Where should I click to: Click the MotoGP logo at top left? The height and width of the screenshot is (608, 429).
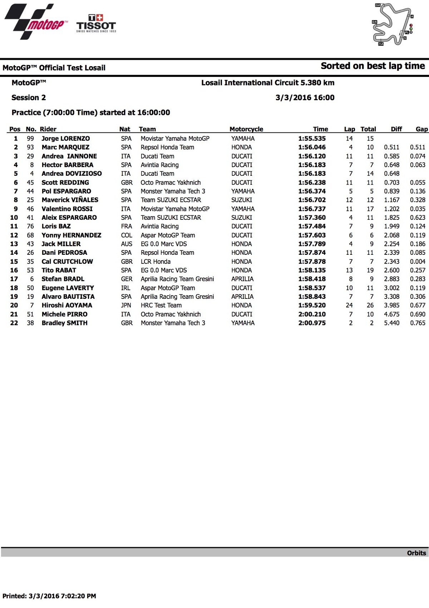pos(35,21)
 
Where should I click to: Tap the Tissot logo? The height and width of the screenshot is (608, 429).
pos(96,24)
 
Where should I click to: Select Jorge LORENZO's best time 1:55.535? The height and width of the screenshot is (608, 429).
pos(312,138)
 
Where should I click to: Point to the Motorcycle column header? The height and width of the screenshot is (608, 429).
pos(246,129)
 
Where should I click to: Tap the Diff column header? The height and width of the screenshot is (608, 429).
pos(396,129)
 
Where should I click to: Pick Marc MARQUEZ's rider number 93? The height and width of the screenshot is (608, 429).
pos(30,147)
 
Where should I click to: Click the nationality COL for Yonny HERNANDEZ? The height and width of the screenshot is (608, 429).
pos(126,235)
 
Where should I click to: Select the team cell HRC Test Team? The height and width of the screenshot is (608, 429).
pos(161,305)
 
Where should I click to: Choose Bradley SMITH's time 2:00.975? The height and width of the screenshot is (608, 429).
pos(312,323)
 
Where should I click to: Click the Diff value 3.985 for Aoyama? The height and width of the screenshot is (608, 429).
pos(391,305)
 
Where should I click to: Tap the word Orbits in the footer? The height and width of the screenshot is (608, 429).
pos(416,553)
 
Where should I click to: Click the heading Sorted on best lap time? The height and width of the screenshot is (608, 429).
pos(373,66)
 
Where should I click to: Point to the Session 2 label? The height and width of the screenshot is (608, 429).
pos(29,98)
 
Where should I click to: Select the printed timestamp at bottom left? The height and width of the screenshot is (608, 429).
pos(49,596)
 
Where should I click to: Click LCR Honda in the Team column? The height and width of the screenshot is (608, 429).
pos(156,262)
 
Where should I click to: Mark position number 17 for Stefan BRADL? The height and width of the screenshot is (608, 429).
pos(14,279)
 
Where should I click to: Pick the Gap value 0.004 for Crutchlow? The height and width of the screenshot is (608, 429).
pos(418,262)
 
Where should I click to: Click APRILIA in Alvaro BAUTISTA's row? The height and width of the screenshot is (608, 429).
pos(242,297)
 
